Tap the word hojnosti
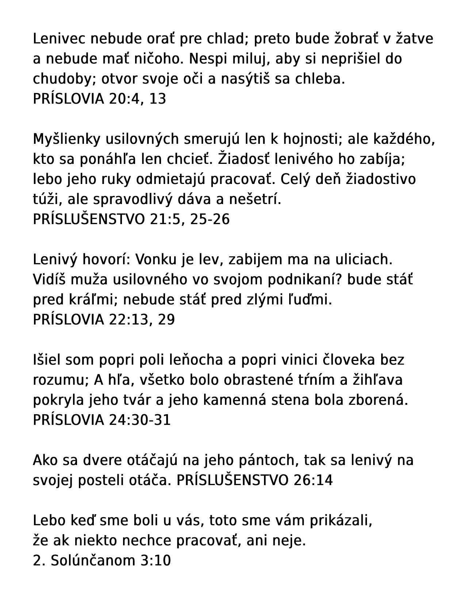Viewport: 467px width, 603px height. click(x=312, y=139)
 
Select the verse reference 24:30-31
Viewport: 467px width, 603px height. click(x=140, y=420)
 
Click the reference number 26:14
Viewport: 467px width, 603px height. click(x=313, y=480)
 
